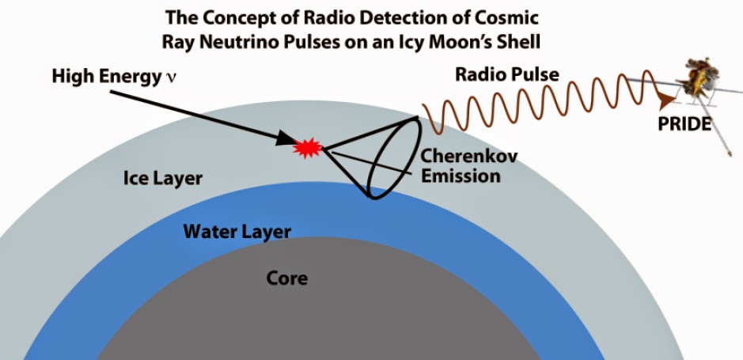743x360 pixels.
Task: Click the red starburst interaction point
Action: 308,148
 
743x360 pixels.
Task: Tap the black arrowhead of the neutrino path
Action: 286,138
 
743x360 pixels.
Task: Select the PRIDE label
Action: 684,124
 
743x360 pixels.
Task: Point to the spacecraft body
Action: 699,78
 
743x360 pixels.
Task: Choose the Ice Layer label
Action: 162,179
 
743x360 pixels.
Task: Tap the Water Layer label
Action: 237,232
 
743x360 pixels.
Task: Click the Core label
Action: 286,278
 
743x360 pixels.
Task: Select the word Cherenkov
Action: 469,156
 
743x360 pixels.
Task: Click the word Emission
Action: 461,176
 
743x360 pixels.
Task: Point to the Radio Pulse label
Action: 507,74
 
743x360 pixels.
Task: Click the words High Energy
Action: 107,77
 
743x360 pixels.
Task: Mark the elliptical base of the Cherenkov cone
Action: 394,157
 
